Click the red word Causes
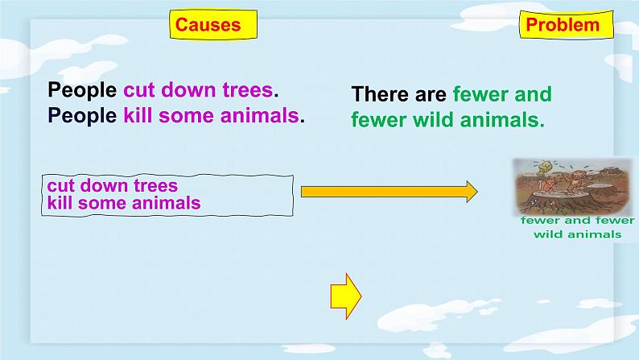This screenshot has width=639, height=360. (x=208, y=25)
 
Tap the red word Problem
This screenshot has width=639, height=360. (x=563, y=25)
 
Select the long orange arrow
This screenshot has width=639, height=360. (x=390, y=192)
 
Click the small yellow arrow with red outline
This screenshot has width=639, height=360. (x=345, y=296)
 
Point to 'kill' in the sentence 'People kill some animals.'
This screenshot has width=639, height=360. (x=138, y=115)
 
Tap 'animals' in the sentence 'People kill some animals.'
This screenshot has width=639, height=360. (x=260, y=115)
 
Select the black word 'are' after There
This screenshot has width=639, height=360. (x=431, y=95)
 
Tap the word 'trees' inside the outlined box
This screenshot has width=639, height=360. (x=155, y=186)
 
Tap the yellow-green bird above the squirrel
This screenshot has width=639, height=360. (x=545, y=167)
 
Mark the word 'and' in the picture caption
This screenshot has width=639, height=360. (x=578, y=221)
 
